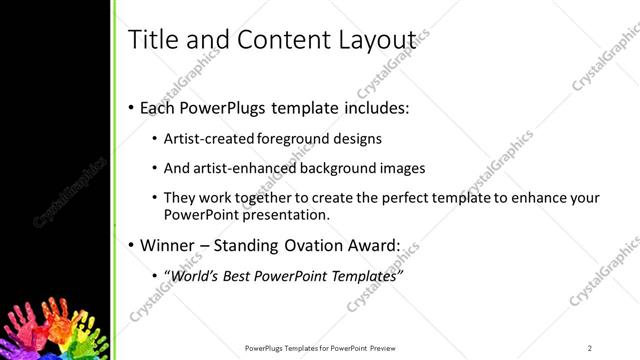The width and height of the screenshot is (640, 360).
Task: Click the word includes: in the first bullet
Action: (x=373, y=106)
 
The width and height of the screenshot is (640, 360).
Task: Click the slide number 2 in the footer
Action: (x=590, y=347)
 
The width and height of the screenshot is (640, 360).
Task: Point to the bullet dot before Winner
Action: (x=131, y=245)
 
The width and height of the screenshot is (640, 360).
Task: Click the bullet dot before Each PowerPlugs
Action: (x=131, y=106)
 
